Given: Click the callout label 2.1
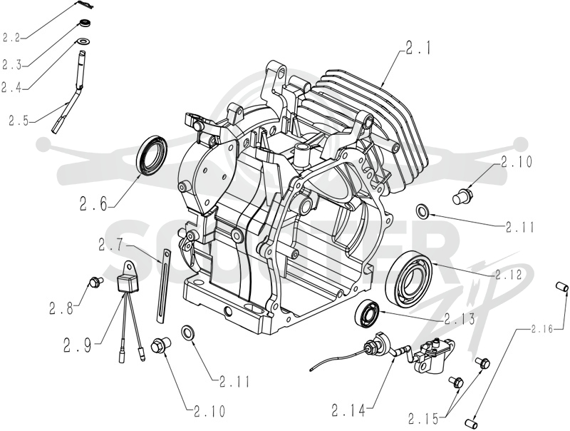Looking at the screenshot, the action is (x=418, y=48).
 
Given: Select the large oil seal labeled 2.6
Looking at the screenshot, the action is (x=152, y=154).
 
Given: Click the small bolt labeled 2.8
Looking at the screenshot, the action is (x=96, y=281).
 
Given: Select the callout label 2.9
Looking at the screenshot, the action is (x=78, y=345).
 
